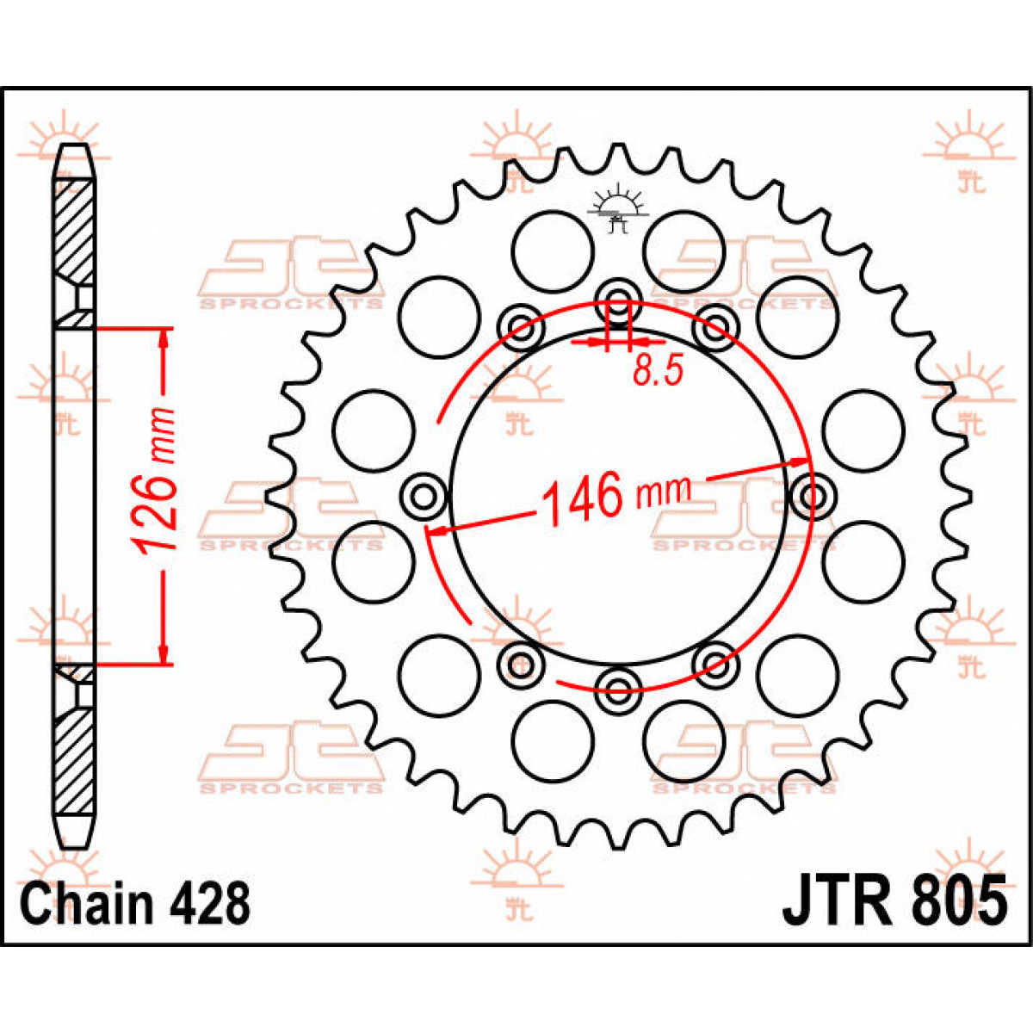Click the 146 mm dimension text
pyautogui.click(x=616, y=498)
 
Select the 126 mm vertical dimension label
pyautogui.click(x=156, y=481)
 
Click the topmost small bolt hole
pyautogui.click(x=619, y=300)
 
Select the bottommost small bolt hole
pyautogui.click(x=619, y=689)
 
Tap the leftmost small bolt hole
pyautogui.click(x=424, y=497)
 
